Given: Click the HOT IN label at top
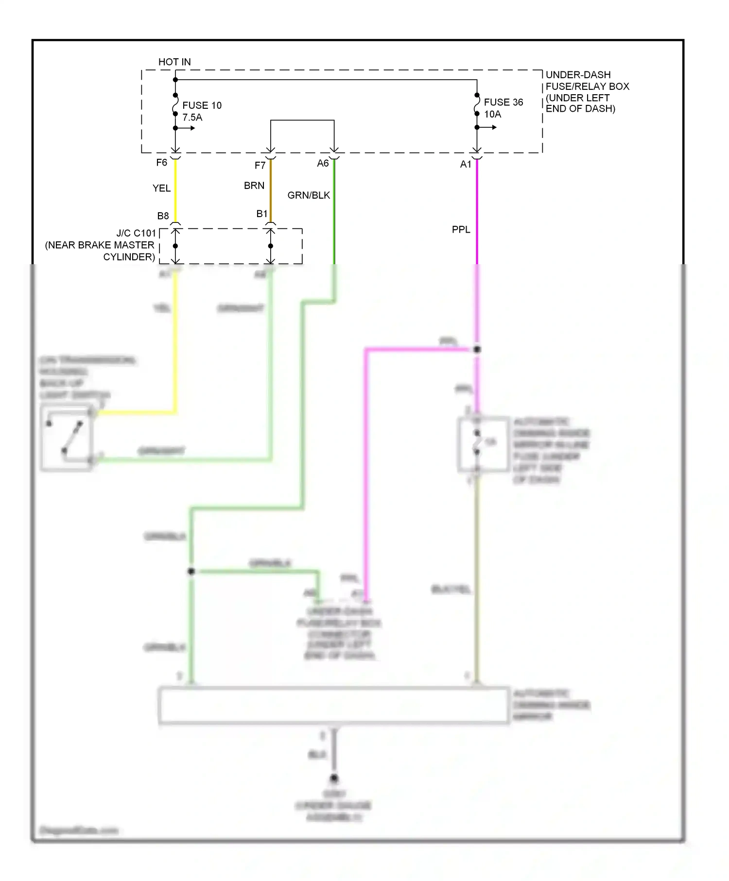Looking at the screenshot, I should coord(174,62).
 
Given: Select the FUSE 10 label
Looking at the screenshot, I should coord(202,105).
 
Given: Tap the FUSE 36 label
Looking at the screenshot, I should coord(503,102).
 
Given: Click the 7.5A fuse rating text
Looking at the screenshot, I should coord(192,118).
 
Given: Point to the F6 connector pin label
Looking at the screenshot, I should coord(162,163).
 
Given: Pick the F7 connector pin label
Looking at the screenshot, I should coord(260,166).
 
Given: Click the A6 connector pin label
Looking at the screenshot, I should coord(323,164).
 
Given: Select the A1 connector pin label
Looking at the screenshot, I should coord(466,165).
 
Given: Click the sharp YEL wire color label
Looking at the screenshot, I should coord(161,188).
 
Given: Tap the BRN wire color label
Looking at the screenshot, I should coord(254,186).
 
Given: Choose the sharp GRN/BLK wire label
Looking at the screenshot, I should coord(309,195).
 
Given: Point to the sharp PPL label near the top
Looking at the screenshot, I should coord(461,229).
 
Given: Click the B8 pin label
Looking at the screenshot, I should coord(163,216).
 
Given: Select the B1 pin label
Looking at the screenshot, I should coord(261,214).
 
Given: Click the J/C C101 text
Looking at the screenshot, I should coord(136,233).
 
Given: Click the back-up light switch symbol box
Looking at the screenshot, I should coord(67,438).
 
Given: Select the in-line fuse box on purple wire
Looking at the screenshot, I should coord(483,444).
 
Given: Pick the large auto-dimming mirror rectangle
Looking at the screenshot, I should coord(333,705).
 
